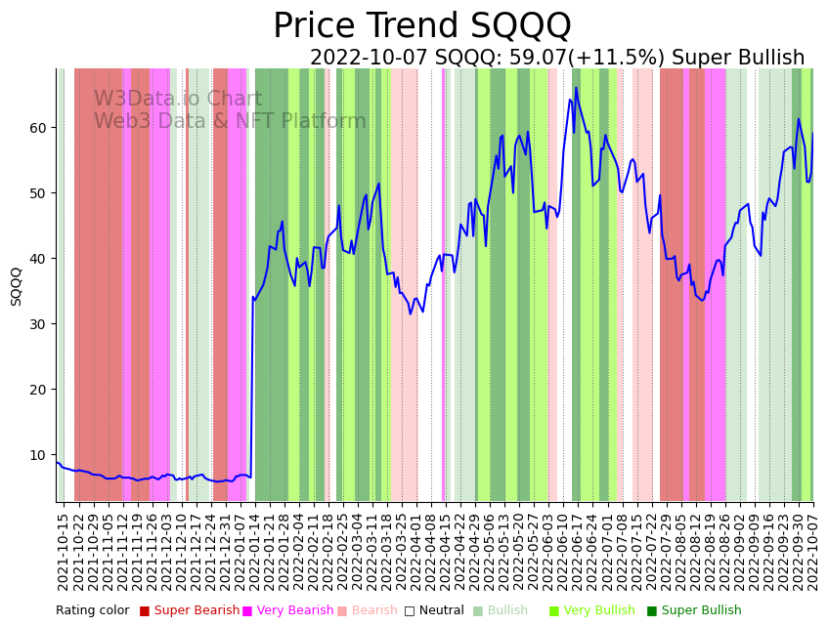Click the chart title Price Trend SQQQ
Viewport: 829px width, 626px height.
click(x=421, y=26)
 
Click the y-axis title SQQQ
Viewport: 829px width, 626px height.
click(x=17, y=286)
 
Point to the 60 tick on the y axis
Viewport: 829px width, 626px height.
click(x=38, y=128)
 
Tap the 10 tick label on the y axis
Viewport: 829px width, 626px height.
click(x=38, y=455)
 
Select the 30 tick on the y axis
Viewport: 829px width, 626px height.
click(x=38, y=324)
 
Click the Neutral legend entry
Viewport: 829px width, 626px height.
click(x=441, y=611)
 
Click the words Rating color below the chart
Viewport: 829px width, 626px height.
click(x=92, y=611)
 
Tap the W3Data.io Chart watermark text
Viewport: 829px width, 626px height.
click(x=177, y=100)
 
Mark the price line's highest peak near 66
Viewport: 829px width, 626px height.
click(x=576, y=88)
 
